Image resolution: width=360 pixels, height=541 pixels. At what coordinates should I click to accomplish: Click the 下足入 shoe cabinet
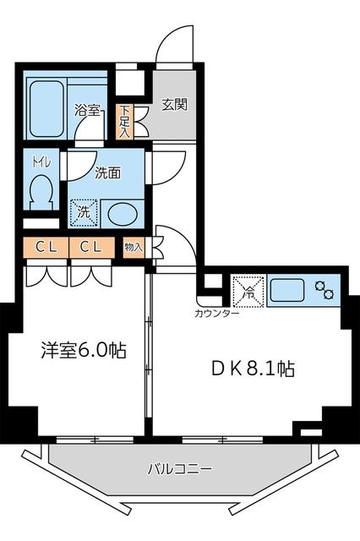(x=124, y=121)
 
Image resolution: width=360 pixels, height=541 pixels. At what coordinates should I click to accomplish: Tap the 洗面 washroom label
(x=107, y=172)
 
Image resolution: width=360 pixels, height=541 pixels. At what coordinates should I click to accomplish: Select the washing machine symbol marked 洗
(x=84, y=212)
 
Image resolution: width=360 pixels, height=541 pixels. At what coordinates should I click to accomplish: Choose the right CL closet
(x=91, y=247)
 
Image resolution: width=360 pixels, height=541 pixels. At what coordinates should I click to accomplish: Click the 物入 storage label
(x=134, y=247)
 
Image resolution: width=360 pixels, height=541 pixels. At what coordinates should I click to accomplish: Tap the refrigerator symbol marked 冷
(x=250, y=291)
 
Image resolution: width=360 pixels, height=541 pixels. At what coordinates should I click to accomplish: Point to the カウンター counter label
(x=216, y=314)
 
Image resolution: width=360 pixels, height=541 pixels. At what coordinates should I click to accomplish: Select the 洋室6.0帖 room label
(x=84, y=349)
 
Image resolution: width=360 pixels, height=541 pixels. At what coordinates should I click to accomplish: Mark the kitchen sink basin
(x=288, y=290)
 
